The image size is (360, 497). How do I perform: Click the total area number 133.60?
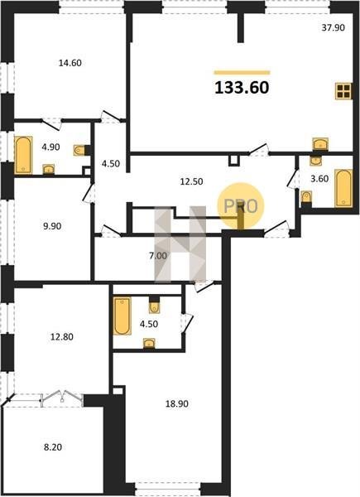(x=242, y=88)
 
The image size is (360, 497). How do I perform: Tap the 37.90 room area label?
(x=333, y=28)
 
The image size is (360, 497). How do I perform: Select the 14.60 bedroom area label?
(x=70, y=63)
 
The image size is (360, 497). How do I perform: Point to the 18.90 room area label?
(x=177, y=404)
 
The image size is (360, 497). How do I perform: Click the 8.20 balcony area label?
(x=53, y=447)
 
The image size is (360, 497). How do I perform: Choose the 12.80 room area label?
(x=62, y=336)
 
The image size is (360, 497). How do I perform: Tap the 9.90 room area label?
(x=52, y=226)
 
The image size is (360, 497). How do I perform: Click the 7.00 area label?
(x=158, y=255)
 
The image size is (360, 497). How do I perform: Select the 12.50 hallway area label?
(x=191, y=181)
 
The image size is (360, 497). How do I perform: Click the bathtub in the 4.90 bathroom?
(x=23, y=155)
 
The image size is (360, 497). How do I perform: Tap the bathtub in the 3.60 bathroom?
(x=343, y=189)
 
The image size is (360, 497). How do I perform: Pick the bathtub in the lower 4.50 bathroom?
(x=122, y=316)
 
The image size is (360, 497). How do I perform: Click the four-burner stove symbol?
(x=343, y=91)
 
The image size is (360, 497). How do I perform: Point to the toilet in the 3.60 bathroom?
(x=306, y=197)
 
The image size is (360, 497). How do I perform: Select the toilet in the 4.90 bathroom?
(x=79, y=150)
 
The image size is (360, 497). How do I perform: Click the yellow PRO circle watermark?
(x=240, y=206)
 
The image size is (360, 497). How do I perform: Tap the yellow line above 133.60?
(x=242, y=73)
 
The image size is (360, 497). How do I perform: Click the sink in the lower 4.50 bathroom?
(x=149, y=343)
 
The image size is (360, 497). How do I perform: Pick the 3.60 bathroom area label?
(x=319, y=179)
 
